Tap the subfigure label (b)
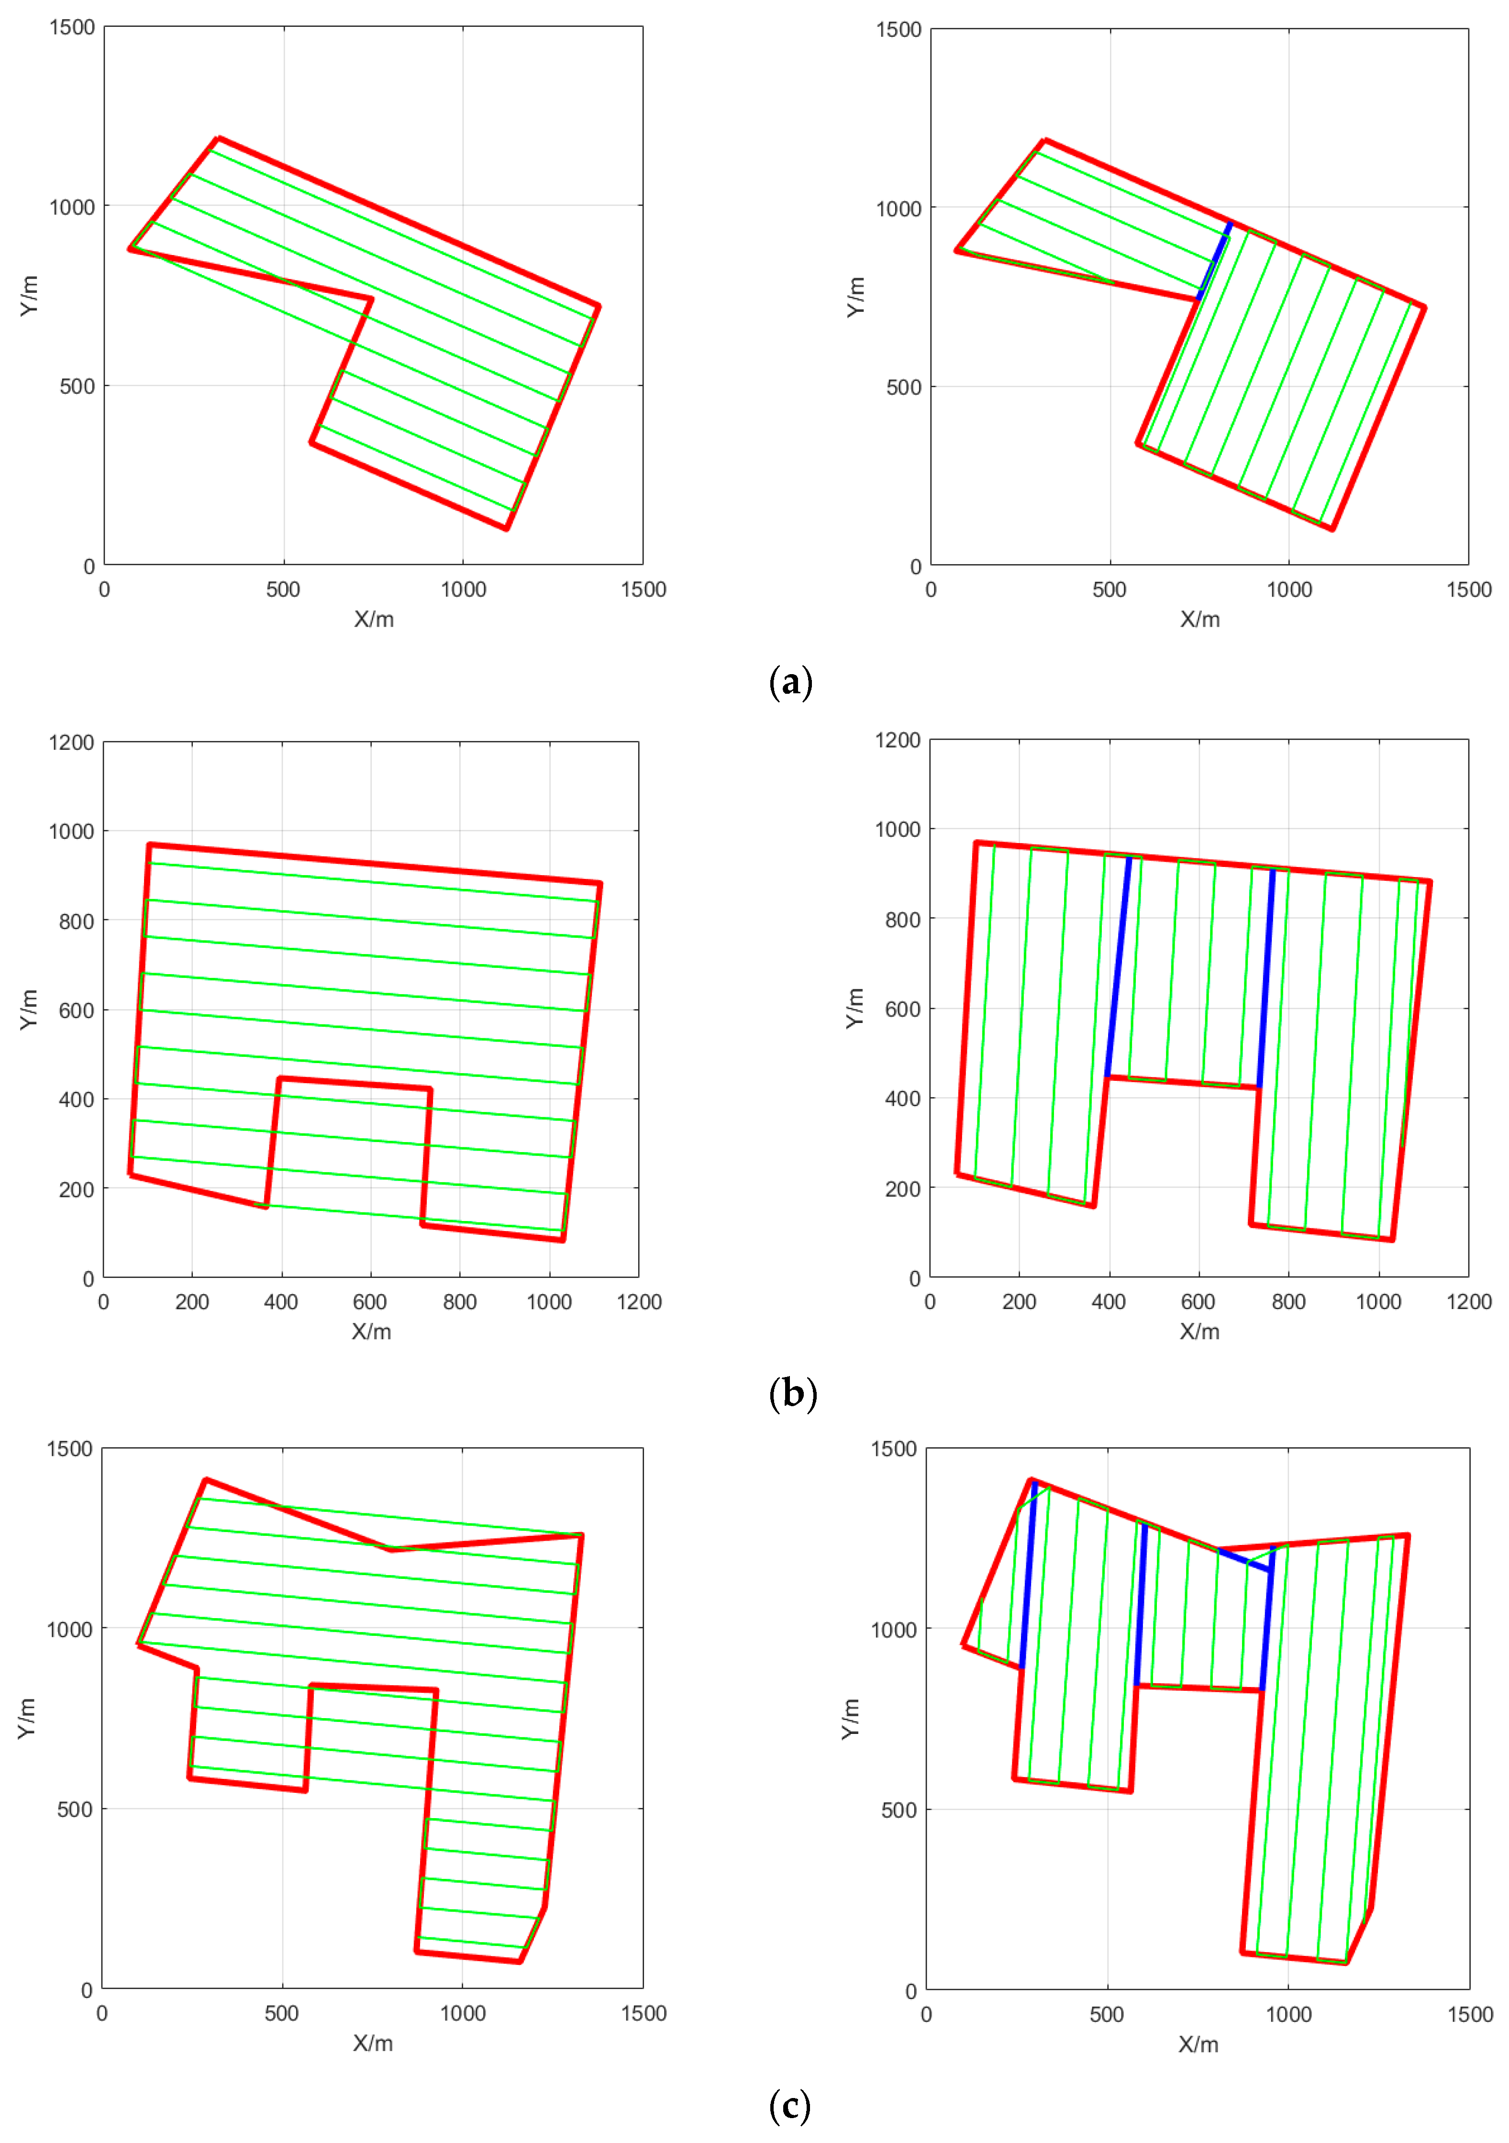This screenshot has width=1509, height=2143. click(x=792, y=1394)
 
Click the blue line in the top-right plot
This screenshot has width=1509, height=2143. click(x=1214, y=261)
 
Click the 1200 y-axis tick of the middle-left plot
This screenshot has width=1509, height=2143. click(x=72, y=743)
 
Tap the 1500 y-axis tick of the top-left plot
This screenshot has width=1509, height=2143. click(x=72, y=28)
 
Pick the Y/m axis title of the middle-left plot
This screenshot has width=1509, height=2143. click(x=29, y=1010)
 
